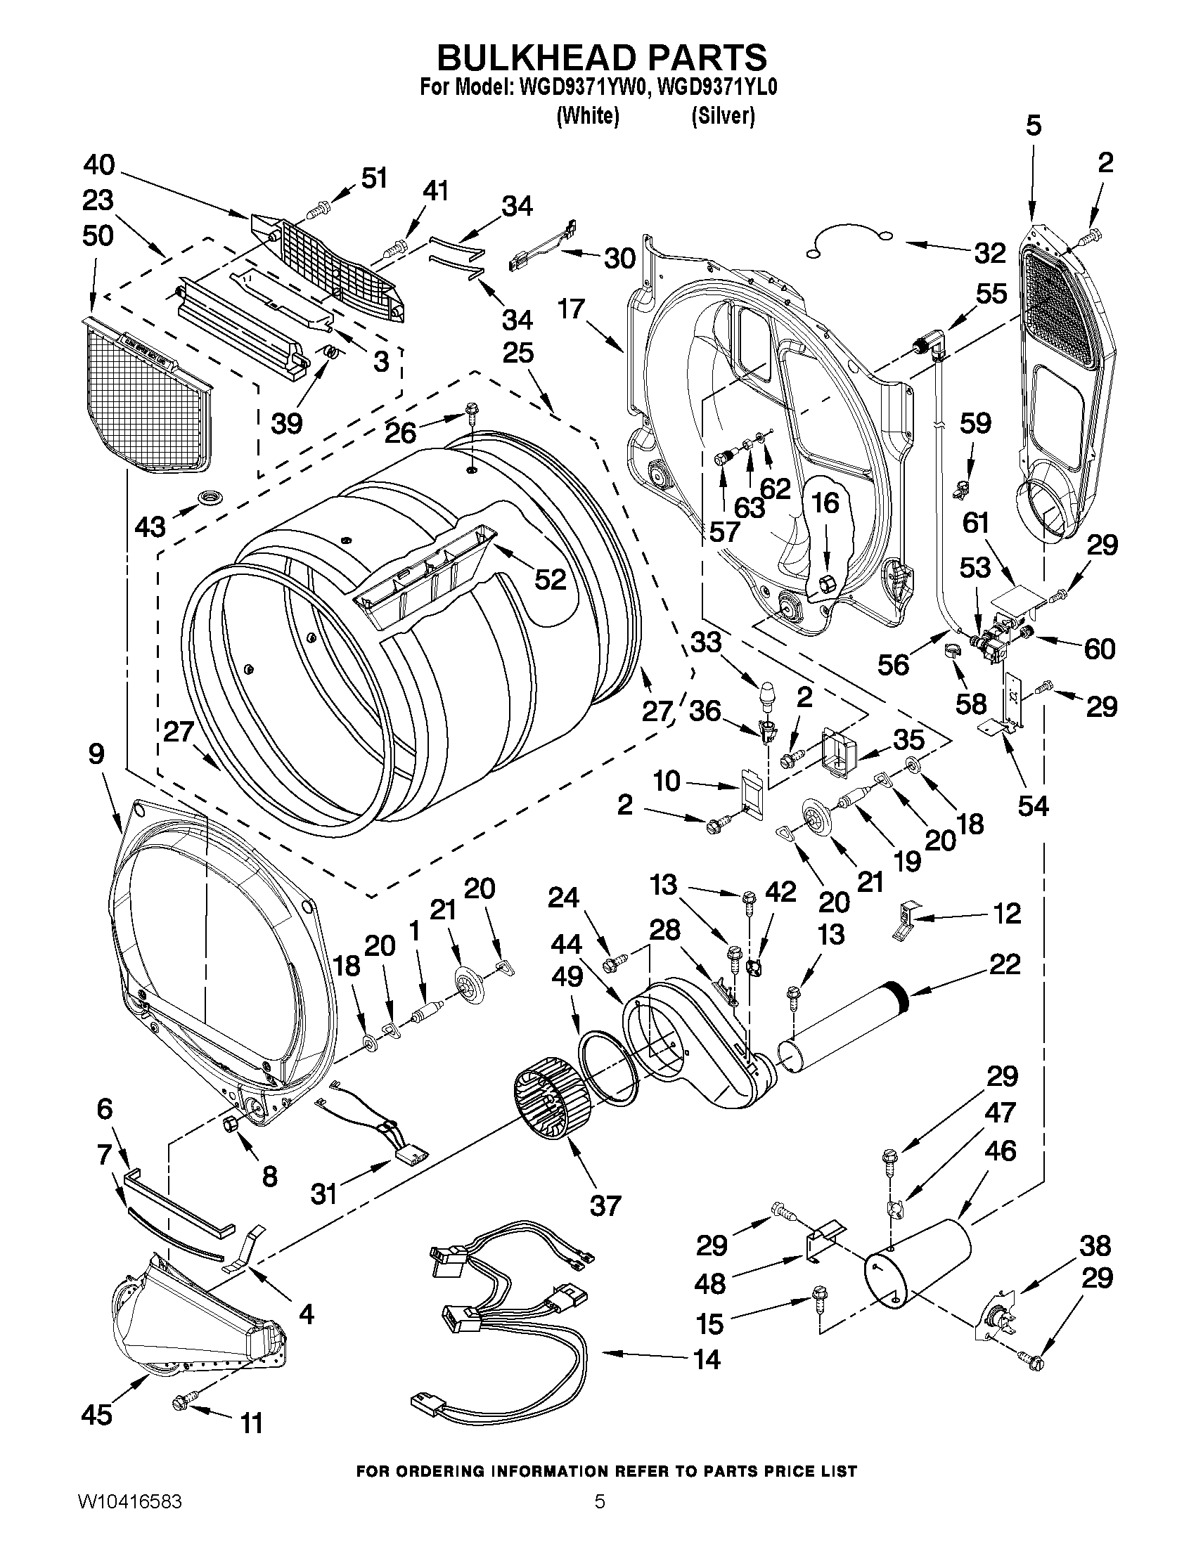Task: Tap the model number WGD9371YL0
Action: [x=717, y=88]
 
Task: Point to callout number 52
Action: [x=550, y=579]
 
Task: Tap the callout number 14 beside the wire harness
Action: [x=707, y=1359]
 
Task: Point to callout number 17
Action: [x=570, y=309]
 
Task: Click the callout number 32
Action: [x=989, y=253]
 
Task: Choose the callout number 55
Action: [x=991, y=293]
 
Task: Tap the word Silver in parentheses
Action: [x=723, y=115]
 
